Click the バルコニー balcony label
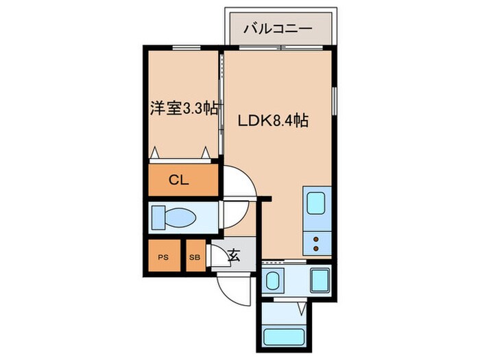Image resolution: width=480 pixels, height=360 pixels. (278, 29)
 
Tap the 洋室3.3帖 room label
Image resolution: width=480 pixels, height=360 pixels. (184, 108)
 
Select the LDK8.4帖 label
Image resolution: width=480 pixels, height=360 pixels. (272, 121)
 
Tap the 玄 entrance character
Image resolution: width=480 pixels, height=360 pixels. (233, 256)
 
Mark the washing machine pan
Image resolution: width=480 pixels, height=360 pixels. (320, 280)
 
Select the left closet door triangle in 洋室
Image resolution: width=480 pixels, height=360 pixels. (156, 153)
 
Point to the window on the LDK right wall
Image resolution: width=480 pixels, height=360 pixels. (334, 102)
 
